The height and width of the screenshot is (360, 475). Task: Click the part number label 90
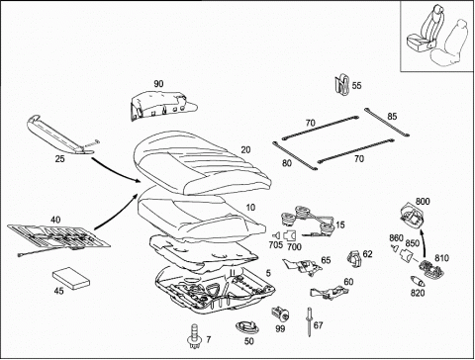(x=158, y=84)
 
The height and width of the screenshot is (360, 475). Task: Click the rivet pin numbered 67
(x=310, y=321)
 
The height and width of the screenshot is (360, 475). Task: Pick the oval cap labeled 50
(x=247, y=327)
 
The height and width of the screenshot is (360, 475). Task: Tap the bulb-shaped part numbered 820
(x=419, y=281)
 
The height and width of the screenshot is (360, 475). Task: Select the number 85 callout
(x=392, y=117)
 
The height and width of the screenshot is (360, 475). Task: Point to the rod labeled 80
(x=295, y=155)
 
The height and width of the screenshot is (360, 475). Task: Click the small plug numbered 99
(x=280, y=314)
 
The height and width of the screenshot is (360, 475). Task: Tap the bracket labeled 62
(x=354, y=259)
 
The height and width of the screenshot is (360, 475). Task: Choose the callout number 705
(x=276, y=245)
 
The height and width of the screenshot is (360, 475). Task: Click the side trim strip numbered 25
(x=60, y=135)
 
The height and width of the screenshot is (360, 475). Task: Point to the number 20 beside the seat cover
(x=245, y=150)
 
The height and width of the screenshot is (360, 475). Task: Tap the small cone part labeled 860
(x=394, y=248)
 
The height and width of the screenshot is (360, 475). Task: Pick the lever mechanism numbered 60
(x=329, y=292)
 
